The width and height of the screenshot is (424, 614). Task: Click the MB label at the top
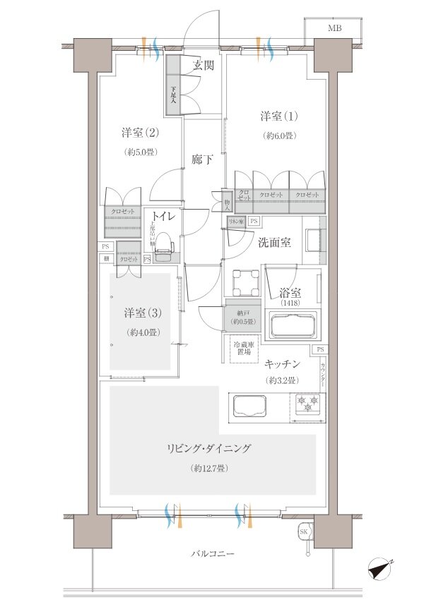click(334, 28)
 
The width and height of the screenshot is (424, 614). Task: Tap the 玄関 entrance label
click(204, 65)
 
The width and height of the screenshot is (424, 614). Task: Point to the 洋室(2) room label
click(139, 132)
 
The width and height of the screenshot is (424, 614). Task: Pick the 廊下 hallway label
click(203, 160)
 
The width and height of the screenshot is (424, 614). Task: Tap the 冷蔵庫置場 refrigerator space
click(245, 351)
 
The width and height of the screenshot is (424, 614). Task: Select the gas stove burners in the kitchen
click(307, 404)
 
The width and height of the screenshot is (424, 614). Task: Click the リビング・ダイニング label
click(209, 448)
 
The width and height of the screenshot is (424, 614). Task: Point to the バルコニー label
click(212, 554)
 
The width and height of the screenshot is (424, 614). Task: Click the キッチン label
click(283, 364)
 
